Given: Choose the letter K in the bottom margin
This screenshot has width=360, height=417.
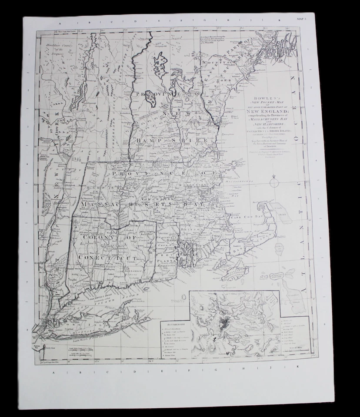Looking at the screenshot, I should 298,367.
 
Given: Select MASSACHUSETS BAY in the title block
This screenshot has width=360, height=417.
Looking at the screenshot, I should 260,119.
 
